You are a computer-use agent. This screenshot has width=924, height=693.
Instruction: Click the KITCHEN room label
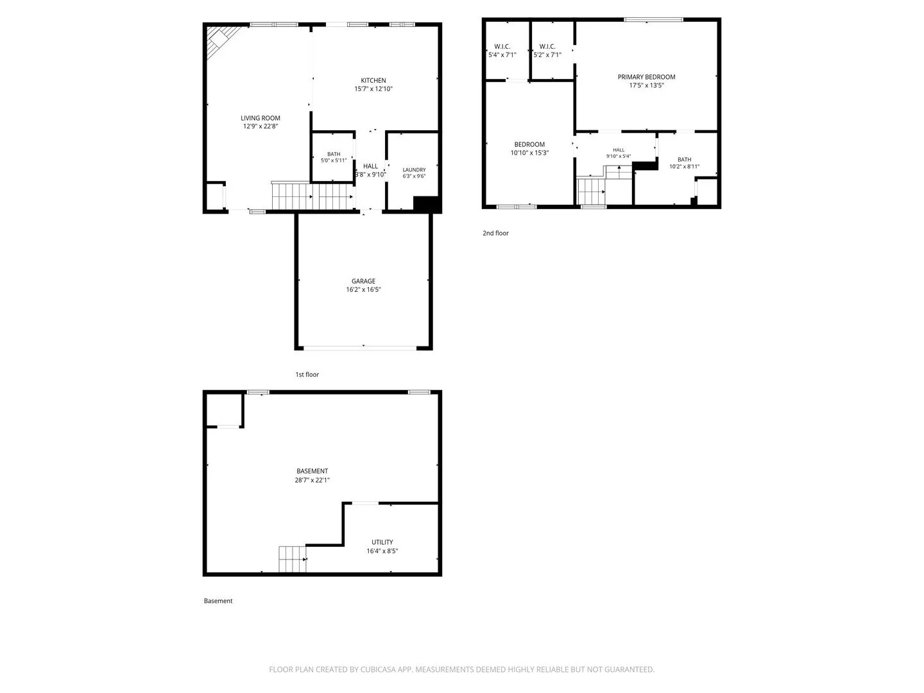pos(373,80)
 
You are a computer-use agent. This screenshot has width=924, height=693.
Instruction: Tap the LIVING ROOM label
pos(260,118)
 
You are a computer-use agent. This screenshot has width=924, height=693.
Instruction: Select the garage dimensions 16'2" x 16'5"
pos(363,289)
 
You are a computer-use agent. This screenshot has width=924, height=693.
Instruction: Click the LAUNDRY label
pos(414,169)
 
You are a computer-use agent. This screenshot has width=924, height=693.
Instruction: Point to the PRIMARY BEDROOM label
pos(646,77)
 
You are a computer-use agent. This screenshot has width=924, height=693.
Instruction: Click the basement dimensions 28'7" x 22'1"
pos(312,480)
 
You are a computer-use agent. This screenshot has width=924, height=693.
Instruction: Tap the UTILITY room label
pos(382,542)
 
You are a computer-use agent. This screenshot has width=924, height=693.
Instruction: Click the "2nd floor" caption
pos(495,233)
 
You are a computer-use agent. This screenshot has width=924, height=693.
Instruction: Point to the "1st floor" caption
pos(307,375)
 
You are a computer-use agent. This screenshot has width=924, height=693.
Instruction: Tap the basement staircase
pos(292,559)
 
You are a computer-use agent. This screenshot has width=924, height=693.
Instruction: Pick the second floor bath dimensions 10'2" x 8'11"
pos(684,167)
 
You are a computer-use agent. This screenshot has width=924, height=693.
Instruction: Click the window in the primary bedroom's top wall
pos(653,19)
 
